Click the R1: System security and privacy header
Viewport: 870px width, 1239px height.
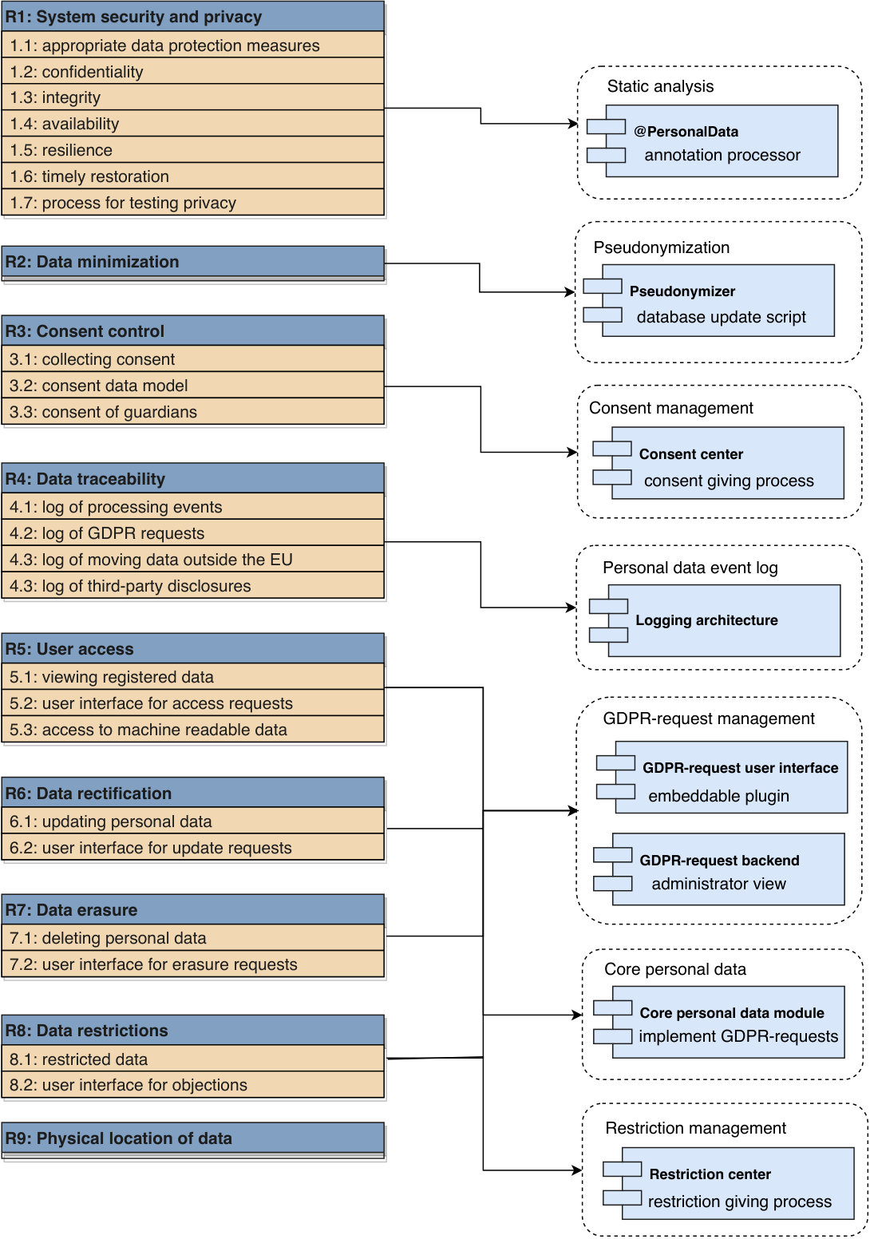[192, 17]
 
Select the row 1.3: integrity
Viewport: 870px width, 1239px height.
[192, 97]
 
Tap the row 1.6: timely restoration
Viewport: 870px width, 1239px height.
[192, 176]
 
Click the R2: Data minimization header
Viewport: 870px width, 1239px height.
[192, 262]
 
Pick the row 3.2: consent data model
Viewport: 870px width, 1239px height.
[192, 385]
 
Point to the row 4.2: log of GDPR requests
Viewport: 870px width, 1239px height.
[192, 532]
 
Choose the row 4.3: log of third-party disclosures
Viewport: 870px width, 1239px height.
[192, 585]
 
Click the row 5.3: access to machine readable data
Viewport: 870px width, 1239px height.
[192, 729]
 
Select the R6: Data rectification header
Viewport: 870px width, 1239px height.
[192, 793]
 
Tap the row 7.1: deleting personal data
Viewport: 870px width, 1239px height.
[192, 937]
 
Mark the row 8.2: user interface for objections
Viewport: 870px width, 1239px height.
[192, 1085]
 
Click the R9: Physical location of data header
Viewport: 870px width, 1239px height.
[192, 1138]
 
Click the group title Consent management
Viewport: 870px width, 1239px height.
[671, 408]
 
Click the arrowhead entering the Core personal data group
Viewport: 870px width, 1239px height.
[577, 1015]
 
